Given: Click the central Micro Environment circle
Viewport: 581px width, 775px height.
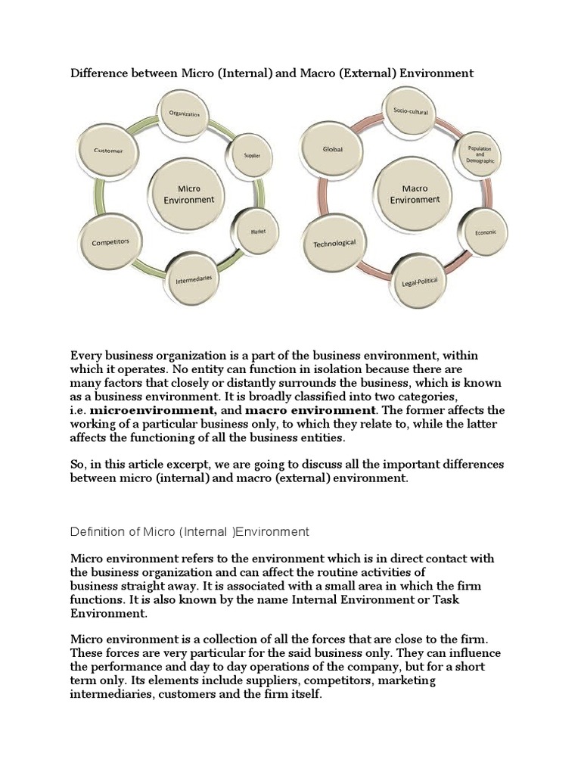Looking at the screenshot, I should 188,194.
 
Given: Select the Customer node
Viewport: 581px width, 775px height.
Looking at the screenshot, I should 107,151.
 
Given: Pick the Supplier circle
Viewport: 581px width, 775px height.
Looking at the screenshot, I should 251,155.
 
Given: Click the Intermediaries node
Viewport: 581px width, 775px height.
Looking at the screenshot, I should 194,279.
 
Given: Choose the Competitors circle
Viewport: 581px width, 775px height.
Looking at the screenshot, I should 110,243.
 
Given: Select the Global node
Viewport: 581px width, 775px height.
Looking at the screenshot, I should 332,150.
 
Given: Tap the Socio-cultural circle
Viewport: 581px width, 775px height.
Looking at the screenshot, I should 410,111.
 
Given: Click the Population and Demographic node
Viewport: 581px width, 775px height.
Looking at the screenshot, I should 480,155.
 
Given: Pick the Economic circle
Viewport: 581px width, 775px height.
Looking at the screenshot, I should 485,232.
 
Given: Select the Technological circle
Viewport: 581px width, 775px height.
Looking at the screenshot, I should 334,244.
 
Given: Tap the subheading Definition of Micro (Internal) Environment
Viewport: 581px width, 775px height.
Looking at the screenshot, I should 190,531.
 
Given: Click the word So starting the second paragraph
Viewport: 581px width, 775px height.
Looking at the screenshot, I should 77,465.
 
